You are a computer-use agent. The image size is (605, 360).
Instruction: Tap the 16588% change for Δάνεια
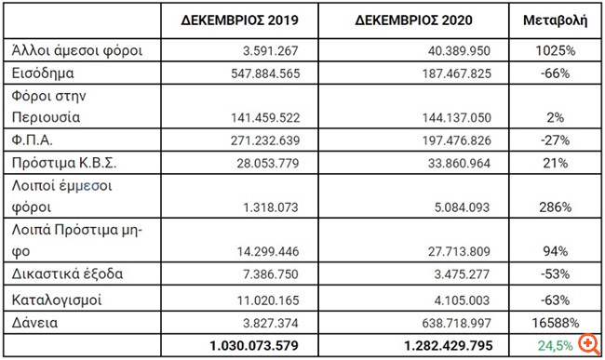556,323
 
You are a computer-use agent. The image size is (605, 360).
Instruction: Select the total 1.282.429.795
425,345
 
